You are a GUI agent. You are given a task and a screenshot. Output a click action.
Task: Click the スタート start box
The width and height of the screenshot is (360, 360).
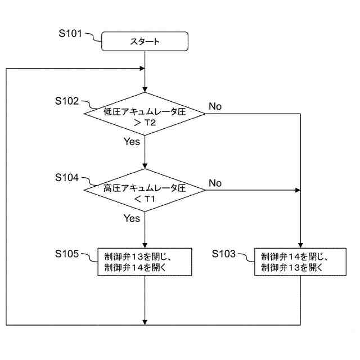(145, 41)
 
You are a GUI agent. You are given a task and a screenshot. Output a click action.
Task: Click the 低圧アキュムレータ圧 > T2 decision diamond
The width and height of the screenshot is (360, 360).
(145, 114)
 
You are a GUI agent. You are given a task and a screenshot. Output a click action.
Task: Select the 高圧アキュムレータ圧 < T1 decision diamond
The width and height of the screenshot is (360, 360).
(145, 191)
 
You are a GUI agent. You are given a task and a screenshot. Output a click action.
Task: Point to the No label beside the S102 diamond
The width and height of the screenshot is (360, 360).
(215, 106)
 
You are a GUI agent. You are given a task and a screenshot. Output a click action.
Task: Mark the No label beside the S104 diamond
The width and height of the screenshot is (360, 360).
(215, 183)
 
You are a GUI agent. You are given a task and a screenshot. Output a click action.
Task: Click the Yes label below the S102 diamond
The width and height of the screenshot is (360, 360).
(132, 142)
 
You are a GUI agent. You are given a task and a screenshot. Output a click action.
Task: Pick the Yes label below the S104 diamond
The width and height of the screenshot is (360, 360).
(132, 218)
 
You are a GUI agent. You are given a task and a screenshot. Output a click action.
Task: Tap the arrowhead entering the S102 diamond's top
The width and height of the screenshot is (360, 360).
(145, 89)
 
